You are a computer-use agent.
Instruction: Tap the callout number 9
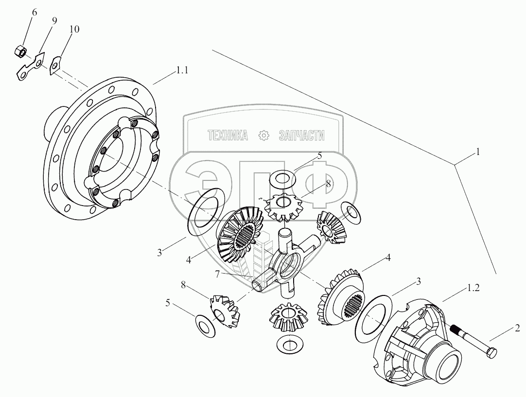pyautogui.click(x=54, y=21)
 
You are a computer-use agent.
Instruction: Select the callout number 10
pyautogui.click(x=74, y=30)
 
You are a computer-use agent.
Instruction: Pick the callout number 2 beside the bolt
pyautogui.click(x=517, y=327)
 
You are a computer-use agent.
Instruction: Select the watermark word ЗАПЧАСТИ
pyautogui.click(x=301, y=136)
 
